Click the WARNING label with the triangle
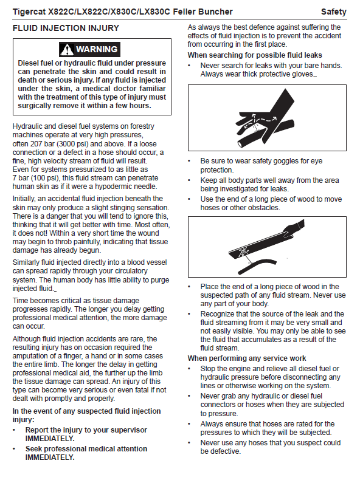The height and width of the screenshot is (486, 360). click(89, 50)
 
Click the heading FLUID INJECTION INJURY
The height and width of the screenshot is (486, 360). click(66, 28)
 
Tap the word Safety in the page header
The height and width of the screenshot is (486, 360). click(334, 12)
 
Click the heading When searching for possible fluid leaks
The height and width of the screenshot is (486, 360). click(255, 55)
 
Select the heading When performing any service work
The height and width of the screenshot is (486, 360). click(247, 358)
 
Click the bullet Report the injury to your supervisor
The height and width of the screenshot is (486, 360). click(86, 430)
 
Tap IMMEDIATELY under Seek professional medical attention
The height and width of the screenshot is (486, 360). click(50, 457)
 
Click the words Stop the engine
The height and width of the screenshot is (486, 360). click(226, 369)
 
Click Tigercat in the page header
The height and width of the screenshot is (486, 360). click(29, 12)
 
